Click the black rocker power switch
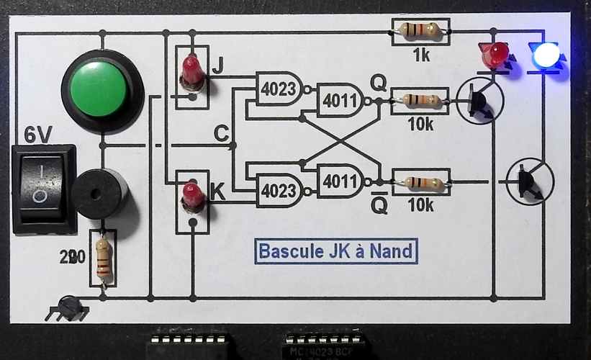(x=44, y=186)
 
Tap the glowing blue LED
(x=545, y=55)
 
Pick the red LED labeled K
(x=191, y=197)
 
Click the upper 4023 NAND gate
(x=280, y=89)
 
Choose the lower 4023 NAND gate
(x=280, y=191)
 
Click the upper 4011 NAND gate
(x=342, y=101)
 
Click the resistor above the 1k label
(x=420, y=31)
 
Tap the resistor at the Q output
(x=420, y=100)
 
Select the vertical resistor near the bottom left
(x=104, y=258)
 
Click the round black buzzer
(x=101, y=193)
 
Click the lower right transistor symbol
(x=530, y=182)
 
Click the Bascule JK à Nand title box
(x=335, y=251)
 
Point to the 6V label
(x=40, y=134)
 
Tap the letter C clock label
(x=222, y=133)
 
